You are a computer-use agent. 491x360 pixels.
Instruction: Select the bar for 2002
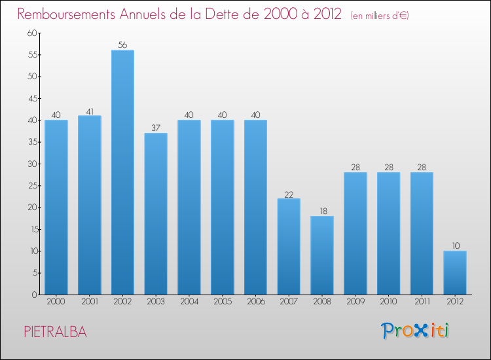pos(122,172)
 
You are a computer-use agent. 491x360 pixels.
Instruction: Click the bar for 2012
pos(455,272)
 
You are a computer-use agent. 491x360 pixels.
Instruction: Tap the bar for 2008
pos(321,255)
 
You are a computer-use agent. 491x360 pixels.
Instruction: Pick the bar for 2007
pos(289,246)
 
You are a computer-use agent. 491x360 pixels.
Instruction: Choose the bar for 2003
pos(156,213)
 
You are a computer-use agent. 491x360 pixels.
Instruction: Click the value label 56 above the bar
pos(122,45)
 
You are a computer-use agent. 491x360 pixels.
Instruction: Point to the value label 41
pos(90,111)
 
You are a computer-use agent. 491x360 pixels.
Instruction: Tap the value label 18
pos(321,211)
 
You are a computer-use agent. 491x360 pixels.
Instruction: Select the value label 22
pos(289,194)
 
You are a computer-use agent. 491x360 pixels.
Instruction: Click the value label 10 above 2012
pos(455,246)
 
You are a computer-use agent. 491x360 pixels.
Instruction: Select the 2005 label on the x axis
pos(222,302)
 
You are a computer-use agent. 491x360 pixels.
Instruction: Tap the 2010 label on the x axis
pos(388,302)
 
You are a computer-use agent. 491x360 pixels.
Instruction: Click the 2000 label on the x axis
pos(56,302)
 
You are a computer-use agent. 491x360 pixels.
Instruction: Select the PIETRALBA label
pos(55,331)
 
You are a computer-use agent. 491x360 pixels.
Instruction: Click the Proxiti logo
pos(416,331)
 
